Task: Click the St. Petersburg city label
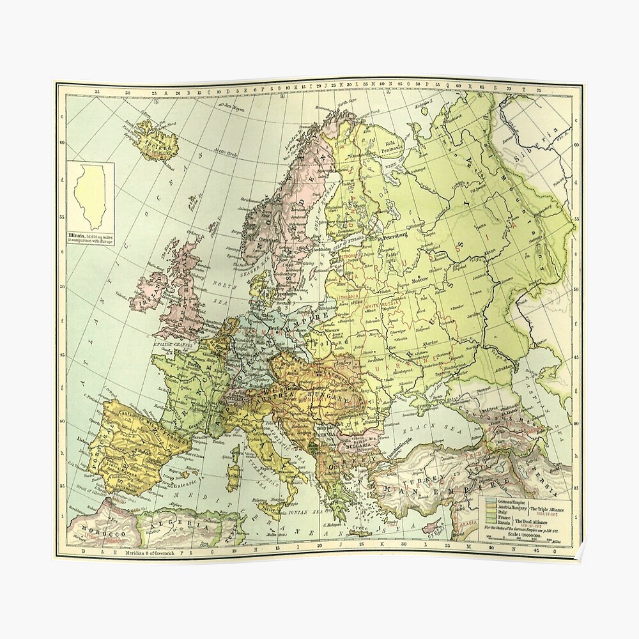coord(394,238)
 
